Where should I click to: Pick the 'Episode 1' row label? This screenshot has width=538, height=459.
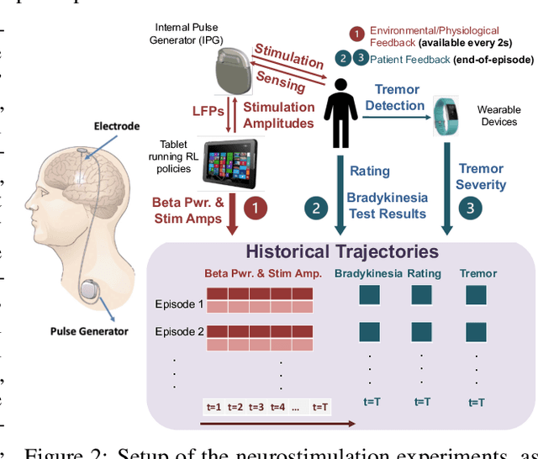[178, 304]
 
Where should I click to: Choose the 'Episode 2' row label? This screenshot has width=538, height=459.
[178, 332]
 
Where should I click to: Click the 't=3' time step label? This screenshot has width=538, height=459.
[256, 407]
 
